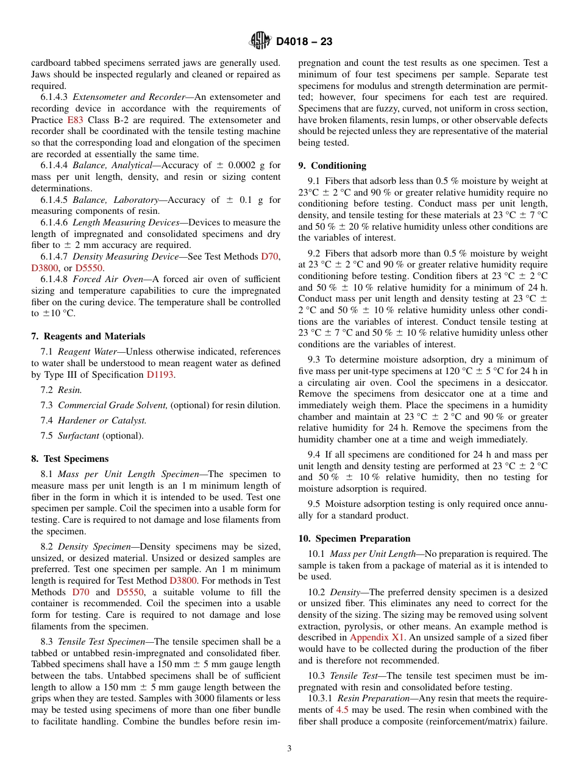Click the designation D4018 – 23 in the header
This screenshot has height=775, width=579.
(304, 42)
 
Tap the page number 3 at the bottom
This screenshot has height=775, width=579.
(289, 749)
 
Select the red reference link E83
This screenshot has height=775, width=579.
(74, 120)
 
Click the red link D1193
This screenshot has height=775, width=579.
(160, 375)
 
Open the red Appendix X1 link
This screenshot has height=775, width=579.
(376, 637)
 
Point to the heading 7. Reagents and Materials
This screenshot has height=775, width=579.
(88, 336)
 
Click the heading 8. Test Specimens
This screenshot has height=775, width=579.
(69, 459)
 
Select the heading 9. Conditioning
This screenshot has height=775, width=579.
(332, 166)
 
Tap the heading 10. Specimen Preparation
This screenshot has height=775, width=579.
(354, 539)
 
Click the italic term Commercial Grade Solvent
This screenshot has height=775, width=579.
(112, 405)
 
